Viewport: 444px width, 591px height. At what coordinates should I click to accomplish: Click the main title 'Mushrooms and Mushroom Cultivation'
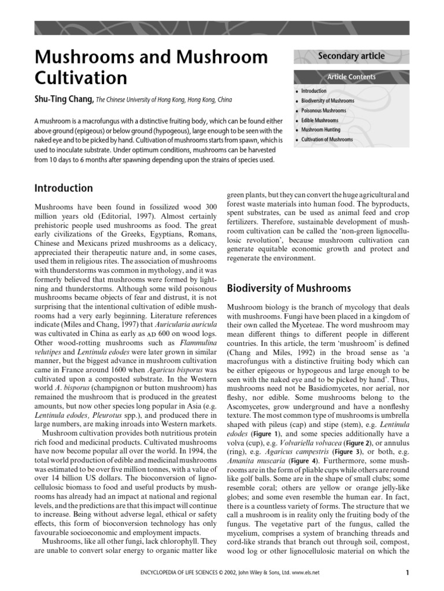[151, 67]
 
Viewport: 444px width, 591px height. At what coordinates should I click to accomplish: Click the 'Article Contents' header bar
[351, 77]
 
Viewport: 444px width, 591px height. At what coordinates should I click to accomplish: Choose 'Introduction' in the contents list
[313, 91]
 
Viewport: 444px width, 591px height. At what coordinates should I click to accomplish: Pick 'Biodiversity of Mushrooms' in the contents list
[328, 101]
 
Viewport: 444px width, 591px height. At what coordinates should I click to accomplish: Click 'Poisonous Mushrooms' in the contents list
[324, 111]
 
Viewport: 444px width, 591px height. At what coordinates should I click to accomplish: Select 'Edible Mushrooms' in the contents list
[320, 121]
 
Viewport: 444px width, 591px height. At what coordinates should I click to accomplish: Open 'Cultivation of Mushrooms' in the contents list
[327, 140]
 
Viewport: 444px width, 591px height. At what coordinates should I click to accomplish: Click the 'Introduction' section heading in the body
[64, 188]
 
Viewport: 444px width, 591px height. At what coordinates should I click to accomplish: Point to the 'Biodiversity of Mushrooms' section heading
[288, 288]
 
